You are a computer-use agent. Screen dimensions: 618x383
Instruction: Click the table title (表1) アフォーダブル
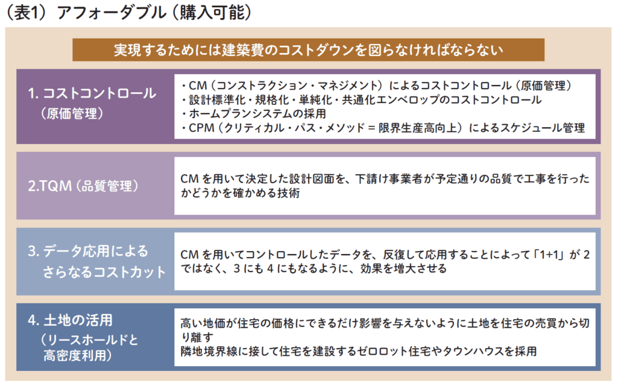86,12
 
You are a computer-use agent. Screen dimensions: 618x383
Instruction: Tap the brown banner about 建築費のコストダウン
308,50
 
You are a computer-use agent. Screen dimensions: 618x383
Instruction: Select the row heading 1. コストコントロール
92,93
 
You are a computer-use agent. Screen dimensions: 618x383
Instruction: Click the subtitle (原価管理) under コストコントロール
72,113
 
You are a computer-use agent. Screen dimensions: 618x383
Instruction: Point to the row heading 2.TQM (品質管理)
83,186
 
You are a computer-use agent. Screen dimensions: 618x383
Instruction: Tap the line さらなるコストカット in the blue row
104,272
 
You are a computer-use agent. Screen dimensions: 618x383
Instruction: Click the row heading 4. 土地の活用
70,320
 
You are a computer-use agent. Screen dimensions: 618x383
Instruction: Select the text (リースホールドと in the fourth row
89,339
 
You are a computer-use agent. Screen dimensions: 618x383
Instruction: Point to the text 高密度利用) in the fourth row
78,355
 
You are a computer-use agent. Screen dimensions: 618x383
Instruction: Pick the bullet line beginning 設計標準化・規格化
361,100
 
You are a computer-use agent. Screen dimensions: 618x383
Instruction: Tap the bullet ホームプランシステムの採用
253,113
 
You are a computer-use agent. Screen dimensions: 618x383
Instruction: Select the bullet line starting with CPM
383,128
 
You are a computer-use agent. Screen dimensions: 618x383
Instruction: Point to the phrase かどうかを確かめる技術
240,192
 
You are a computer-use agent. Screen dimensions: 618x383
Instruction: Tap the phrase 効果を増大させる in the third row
404,269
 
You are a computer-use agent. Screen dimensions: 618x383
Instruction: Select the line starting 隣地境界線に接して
358,351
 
